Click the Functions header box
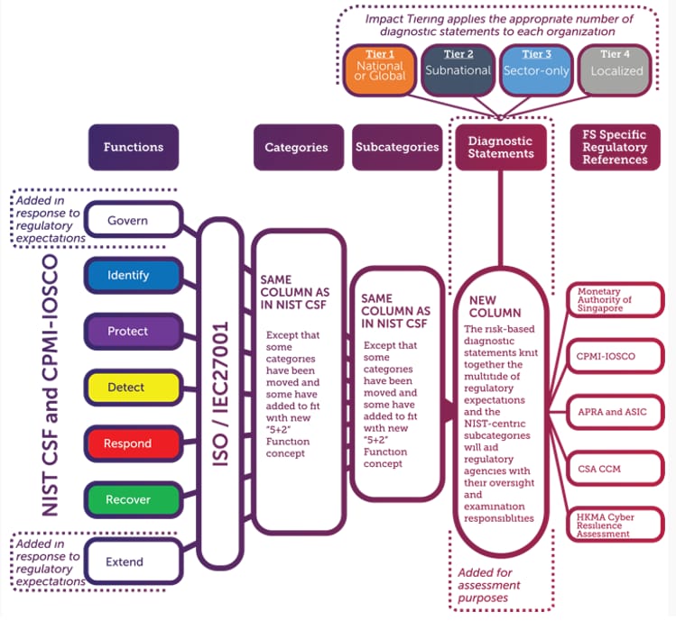(x=134, y=147)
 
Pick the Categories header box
(x=296, y=147)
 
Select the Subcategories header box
(x=397, y=147)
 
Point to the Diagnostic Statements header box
(x=500, y=147)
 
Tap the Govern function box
(x=128, y=220)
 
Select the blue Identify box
(x=128, y=275)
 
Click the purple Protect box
(x=128, y=331)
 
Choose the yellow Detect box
(x=128, y=388)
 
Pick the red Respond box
(x=128, y=443)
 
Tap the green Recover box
(x=128, y=499)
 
